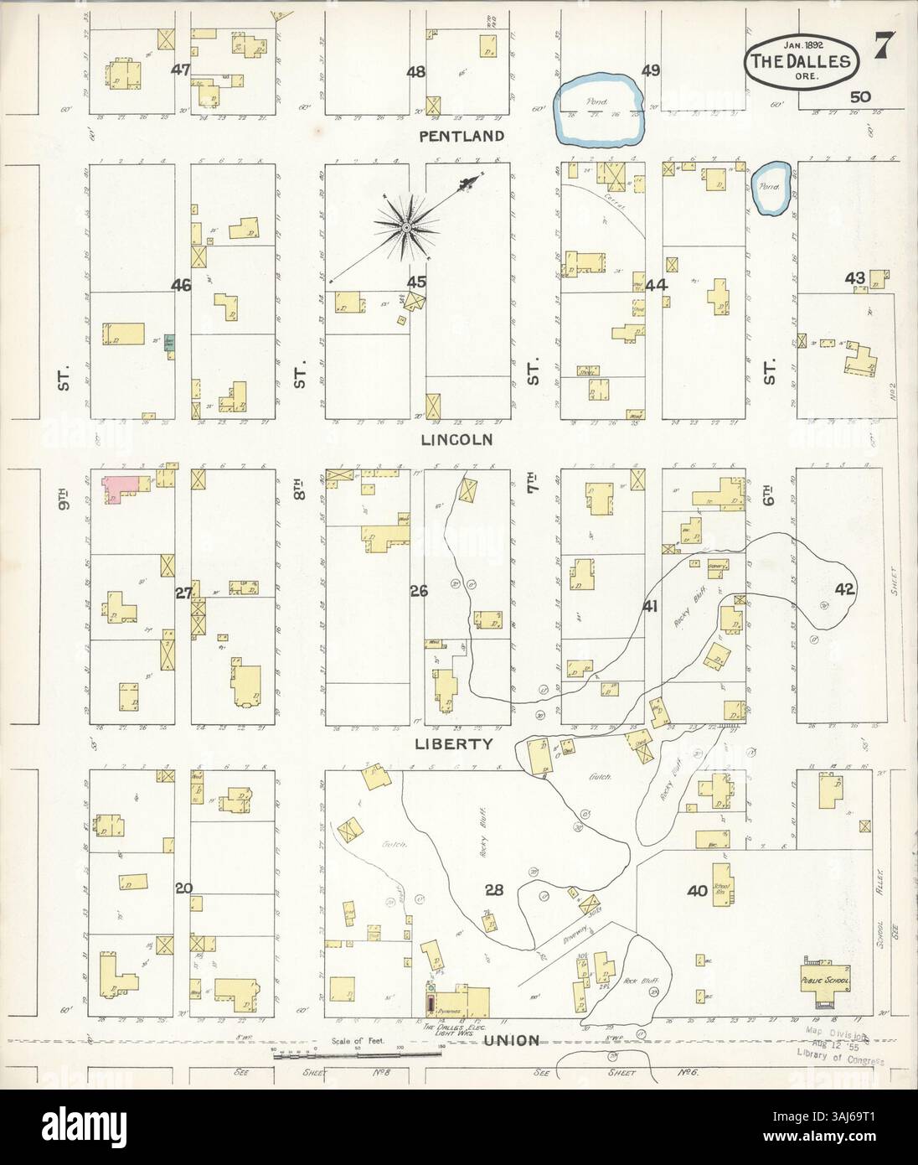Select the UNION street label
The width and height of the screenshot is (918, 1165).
point(510,1040)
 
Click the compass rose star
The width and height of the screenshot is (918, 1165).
point(406,225)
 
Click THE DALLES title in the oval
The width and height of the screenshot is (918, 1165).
point(801,61)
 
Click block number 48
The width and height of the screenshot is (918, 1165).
point(415,72)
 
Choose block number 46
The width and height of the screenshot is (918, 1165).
point(181,286)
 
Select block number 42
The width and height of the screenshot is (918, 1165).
point(843,588)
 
